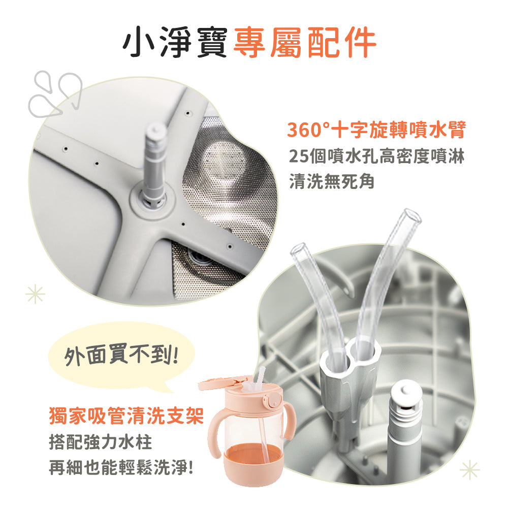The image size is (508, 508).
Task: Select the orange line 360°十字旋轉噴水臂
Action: pos(376,131)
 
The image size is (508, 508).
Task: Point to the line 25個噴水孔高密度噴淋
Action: pos(376,156)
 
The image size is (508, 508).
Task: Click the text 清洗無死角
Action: pos(331,181)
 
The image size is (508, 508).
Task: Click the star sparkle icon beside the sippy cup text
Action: pos(35,293)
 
